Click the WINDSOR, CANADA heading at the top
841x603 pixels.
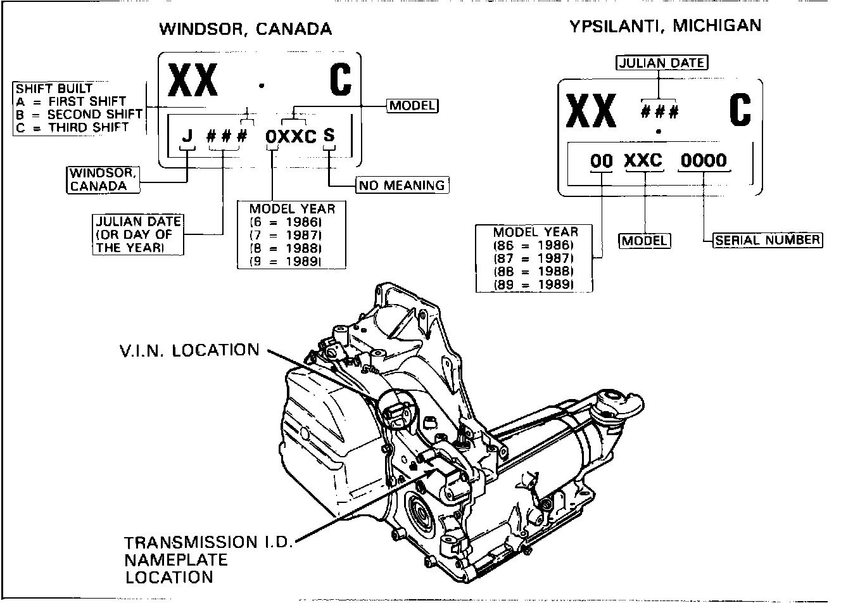(246, 29)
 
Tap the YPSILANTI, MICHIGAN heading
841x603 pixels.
(666, 26)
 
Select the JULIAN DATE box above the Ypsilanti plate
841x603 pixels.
(662, 63)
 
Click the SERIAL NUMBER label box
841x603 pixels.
(768, 240)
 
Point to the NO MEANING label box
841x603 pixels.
(402, 185)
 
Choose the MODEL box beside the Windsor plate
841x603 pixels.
(413, 106)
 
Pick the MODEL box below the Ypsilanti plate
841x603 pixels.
(645, 241)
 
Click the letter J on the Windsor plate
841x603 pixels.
(187, 136)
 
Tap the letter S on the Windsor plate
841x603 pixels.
(329, 135)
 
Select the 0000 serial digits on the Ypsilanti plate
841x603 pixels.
(704, 160)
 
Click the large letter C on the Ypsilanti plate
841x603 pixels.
(740, 110)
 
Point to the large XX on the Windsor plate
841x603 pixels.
(193, 80)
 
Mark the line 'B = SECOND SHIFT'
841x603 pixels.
(79, 115)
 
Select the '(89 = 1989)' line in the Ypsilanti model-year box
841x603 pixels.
(533, 284)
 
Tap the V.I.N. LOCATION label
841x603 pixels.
(189, 350)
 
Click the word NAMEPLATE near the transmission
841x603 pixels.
(176, 560)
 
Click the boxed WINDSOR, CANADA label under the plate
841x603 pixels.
(103, 180)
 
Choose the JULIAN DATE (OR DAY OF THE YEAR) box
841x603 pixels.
(138, 234)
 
